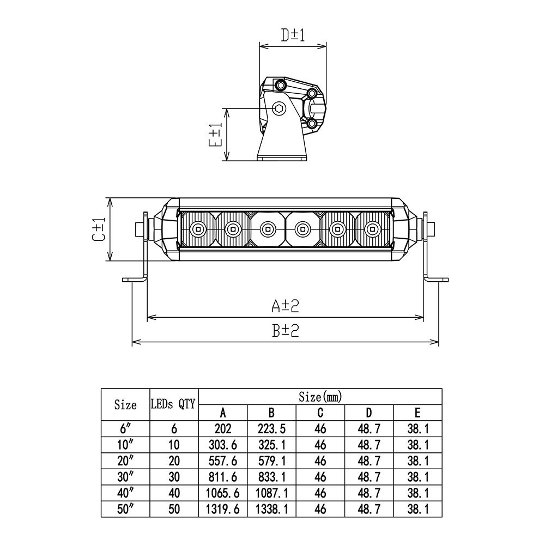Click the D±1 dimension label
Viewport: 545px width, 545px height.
click(x=292, y=35)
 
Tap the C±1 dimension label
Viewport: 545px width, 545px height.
click(x=98, y=229)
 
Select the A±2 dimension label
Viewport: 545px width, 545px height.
click(x=286, y=306)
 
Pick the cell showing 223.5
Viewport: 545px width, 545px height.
click(x=271, y=429)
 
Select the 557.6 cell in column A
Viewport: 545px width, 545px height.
click(x=223, y=461)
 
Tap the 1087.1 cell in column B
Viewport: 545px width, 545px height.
click(x=271, y=493)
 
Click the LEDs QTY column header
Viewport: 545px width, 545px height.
click(x=173, y=404)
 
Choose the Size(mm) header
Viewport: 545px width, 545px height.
click(x=320, y=396)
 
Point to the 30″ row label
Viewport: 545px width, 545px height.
click(x=125, y=477)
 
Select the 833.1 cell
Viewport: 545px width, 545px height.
click(x=271, y=477)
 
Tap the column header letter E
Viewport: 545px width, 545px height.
click(x=417, y=413)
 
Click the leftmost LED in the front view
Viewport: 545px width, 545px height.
click(x=198, y=228)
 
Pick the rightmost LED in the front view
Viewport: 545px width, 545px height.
click(x=373, y=228)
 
